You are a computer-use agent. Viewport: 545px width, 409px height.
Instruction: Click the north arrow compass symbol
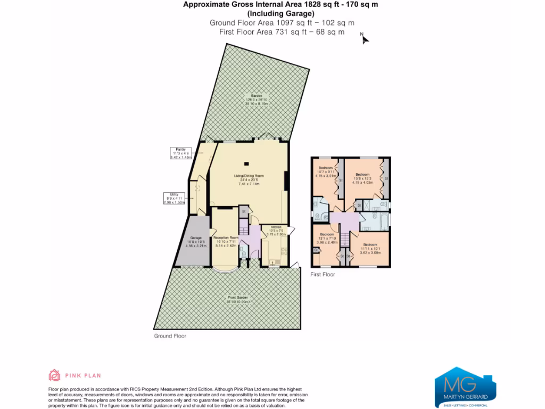364,38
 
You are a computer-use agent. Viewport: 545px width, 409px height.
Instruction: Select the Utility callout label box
174,199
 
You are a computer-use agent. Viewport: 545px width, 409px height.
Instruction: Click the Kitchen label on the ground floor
276,230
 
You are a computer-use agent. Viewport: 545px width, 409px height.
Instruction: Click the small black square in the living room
246,164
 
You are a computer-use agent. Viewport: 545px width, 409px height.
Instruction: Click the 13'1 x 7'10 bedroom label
327,239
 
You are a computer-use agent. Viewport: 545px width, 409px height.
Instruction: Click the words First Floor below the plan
323,275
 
